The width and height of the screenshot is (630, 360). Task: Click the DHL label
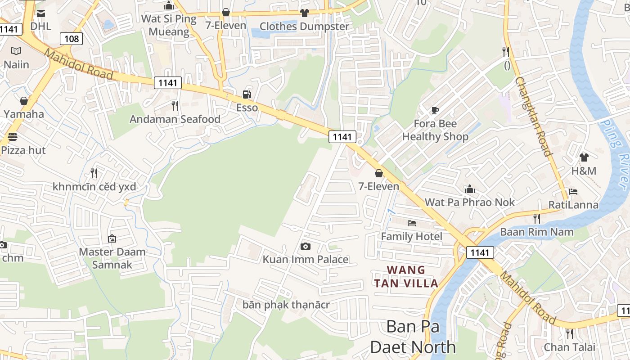pyautogui.click(x=40, y=26)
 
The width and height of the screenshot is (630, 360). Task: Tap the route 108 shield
pyautogui.click(x=72, y=39)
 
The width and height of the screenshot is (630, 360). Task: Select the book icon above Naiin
pyautogui.click(x=16, y=51)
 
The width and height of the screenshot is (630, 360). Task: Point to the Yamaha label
pyautogui.click(x=24, y=114)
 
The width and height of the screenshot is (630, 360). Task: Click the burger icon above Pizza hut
pyautogui.click(x=12, y=137)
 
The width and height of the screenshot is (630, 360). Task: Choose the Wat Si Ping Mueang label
pyautogui.click(x=169, y=25)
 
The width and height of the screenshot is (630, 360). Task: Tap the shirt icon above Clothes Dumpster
pyautogui.click(x=305, y=13)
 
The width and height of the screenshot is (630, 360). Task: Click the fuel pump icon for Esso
pyautogui.click(x=247, y=94)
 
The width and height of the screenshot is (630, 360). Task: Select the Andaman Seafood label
pyautogui.click(x=175, y=119)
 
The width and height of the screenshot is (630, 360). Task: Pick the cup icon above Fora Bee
pyautogui.click(x=435, y=110)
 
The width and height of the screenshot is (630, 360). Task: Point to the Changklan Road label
pyautogui.click(x=533, y=116)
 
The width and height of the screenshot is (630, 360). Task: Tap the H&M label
pyautogui.click(x=584, y=171)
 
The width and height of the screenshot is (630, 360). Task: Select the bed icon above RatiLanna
pyautogui.click(x=573, y=192)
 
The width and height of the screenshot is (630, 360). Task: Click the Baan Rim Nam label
pyautogui.click(x=537, y=232)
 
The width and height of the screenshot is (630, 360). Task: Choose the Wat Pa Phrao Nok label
pyautogui.click(x=469, y=202)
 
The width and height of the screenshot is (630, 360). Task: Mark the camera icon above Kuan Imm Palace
pyautogui.click(x=305, y=246)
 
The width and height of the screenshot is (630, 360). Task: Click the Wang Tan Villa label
pyautogui.click(x=406, y=276)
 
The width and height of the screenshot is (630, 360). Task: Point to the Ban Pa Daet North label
pyautogui.click(x=413, y=337)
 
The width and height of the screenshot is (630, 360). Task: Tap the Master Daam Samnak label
pyautogui.click(x=112, y=258)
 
